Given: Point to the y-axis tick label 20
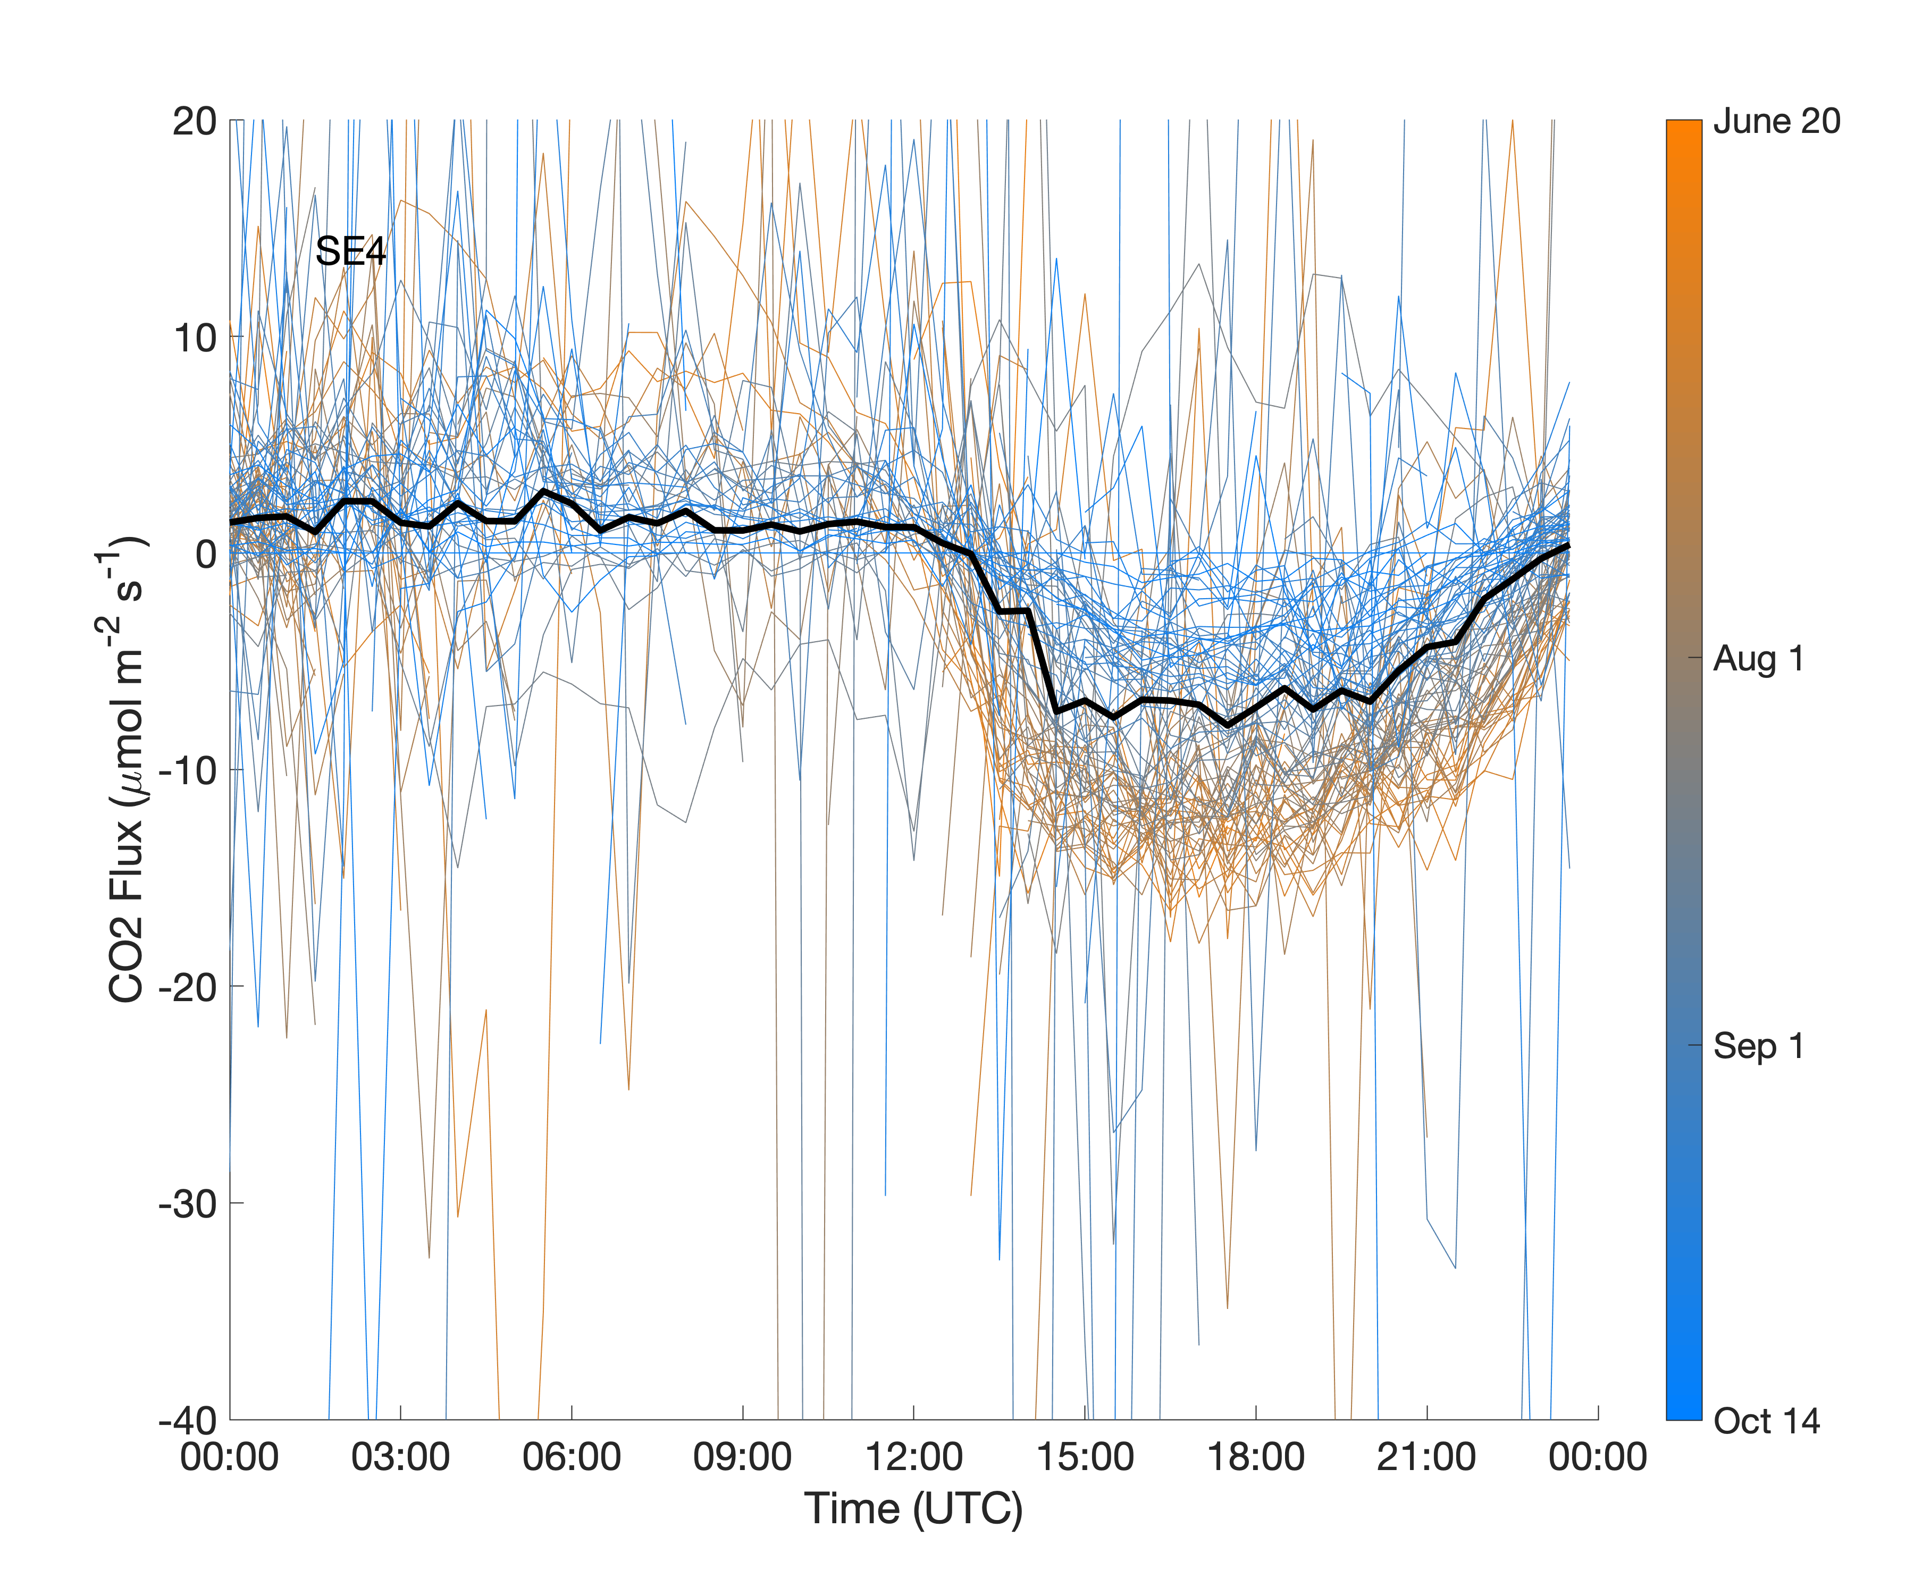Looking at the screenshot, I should pos(194,121).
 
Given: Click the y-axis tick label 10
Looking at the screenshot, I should pos(194,338).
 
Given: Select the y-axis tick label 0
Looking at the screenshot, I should pos(205,554).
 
